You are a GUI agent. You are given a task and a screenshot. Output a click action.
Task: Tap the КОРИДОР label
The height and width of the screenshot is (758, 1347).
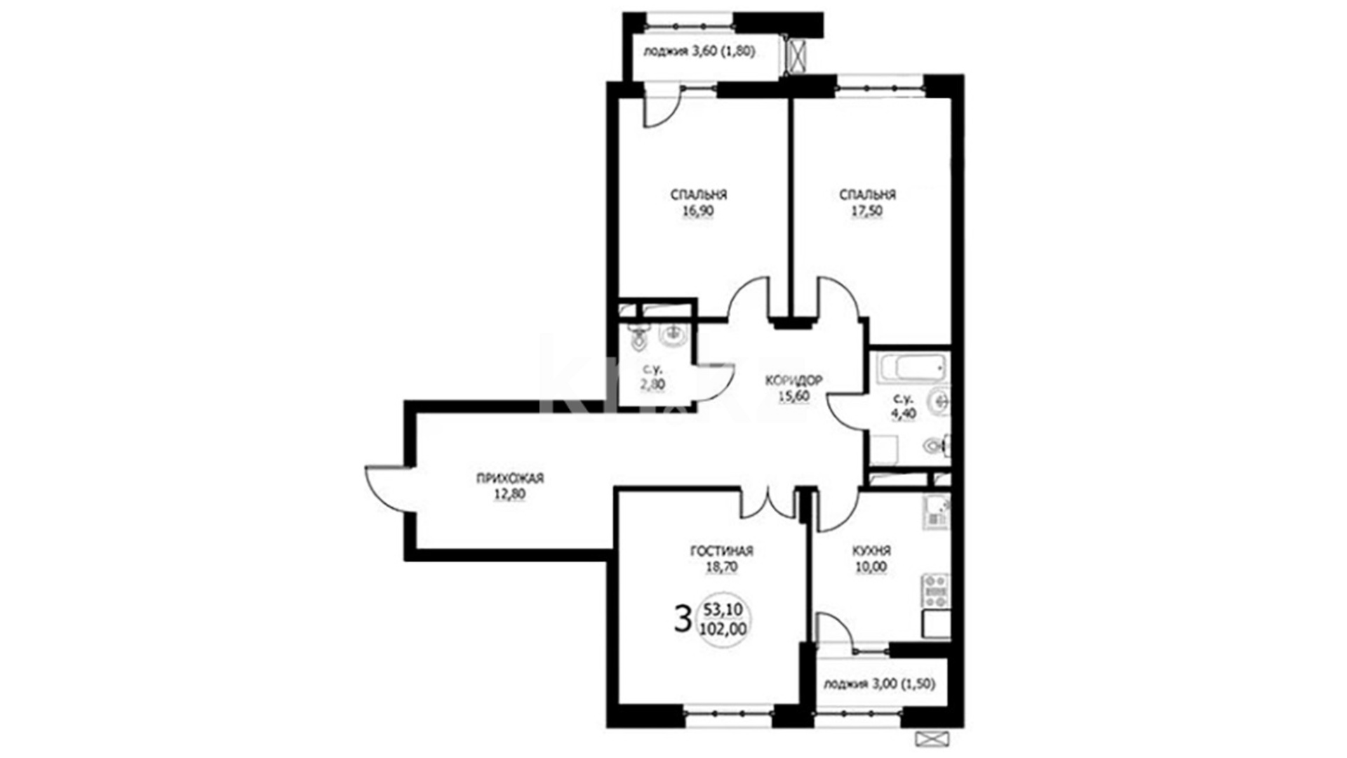pos(793,380)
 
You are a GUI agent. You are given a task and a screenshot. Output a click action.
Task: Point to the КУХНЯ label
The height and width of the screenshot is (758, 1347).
pos(871,552)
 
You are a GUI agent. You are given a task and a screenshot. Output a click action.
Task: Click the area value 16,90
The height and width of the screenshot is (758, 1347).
pos(699,211)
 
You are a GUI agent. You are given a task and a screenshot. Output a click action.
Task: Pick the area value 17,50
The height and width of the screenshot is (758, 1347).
pos(867,211)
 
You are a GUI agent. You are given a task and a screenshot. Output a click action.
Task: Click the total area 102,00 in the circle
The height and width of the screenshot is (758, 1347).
pos(723,630)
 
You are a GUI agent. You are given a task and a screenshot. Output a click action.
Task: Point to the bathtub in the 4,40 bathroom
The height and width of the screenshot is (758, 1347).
pos(911,367)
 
